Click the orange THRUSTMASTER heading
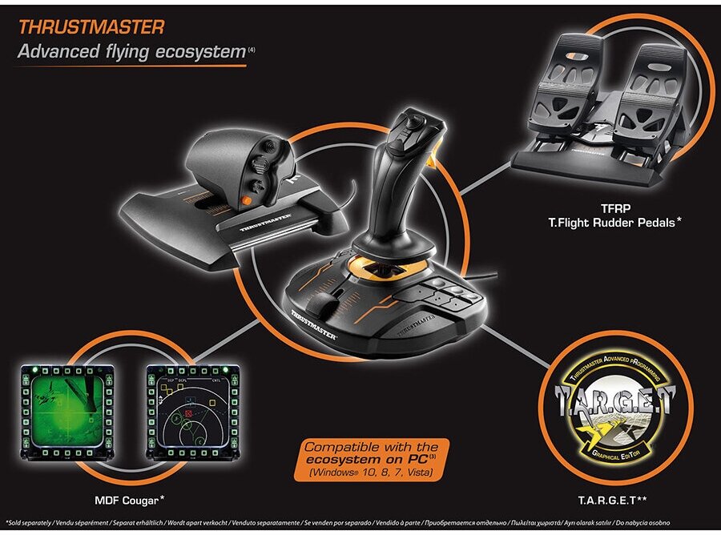click(91, 26)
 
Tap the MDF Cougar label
click(127, 500)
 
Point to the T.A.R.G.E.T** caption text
click(618, 501)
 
